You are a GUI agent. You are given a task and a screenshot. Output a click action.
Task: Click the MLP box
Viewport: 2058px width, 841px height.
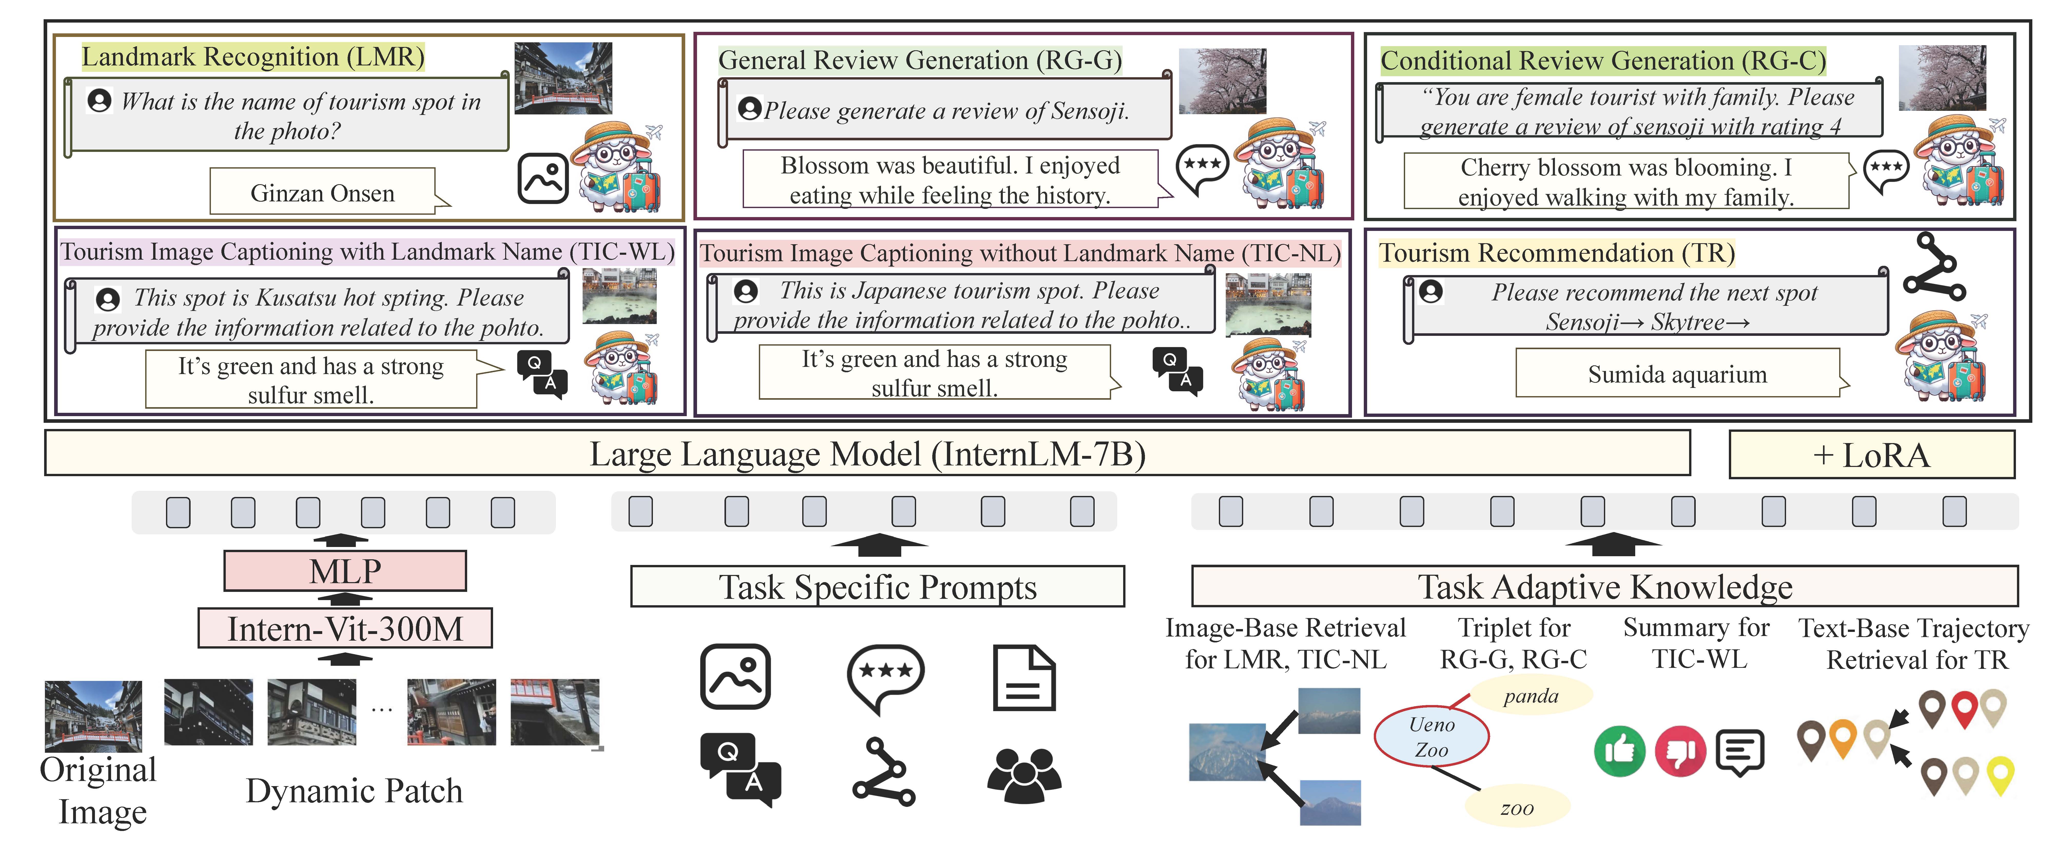tap(345, 571)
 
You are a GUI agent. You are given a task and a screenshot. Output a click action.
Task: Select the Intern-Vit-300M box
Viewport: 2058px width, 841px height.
tap(345, 629)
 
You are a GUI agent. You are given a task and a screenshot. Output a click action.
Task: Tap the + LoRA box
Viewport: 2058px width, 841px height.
tap(1871, 455)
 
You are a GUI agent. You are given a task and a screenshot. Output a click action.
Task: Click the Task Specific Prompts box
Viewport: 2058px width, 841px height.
tap(877, 587)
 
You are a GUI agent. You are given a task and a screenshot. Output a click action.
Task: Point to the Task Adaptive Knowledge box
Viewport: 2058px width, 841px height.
tap(1604, 587)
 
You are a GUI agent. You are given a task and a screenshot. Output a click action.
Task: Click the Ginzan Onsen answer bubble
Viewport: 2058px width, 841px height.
tap(323, 192)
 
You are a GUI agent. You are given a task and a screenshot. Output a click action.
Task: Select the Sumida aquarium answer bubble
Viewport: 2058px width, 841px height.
tap(1678, 374)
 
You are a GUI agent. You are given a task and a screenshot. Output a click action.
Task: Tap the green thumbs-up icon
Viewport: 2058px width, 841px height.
tap(1619, 751)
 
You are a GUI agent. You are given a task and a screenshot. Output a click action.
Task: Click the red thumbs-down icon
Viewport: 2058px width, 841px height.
tap(1680, 751)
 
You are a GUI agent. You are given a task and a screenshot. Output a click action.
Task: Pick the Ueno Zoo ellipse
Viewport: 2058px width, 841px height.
tap(1431, 736)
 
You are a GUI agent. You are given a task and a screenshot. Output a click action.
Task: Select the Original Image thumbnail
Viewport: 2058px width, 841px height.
tap(93, 716)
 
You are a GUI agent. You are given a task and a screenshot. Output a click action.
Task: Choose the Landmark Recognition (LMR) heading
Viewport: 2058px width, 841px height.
tap(252, 57)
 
